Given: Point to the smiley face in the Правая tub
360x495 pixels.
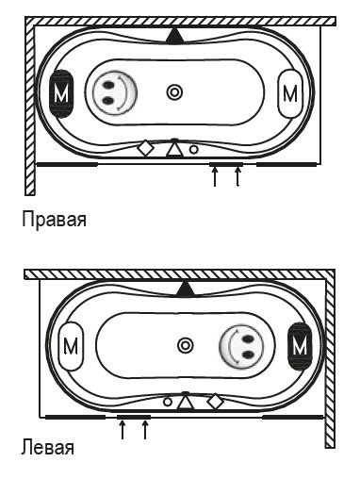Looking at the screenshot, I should pos(114,91).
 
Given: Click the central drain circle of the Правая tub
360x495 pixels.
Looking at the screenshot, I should pos(174,91).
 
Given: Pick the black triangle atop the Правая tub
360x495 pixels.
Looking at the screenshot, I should pos(173,36).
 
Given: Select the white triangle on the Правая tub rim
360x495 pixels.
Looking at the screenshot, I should pos(172,148).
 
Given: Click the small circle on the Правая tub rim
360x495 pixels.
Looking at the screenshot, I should pos(193,148).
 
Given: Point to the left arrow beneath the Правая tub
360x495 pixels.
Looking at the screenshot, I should pos(215,176).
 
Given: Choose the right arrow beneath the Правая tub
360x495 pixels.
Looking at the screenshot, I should pos(237,176).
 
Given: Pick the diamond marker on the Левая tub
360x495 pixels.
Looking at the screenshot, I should pos(214,402).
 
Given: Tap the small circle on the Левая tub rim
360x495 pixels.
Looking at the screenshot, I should pos(167,402).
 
